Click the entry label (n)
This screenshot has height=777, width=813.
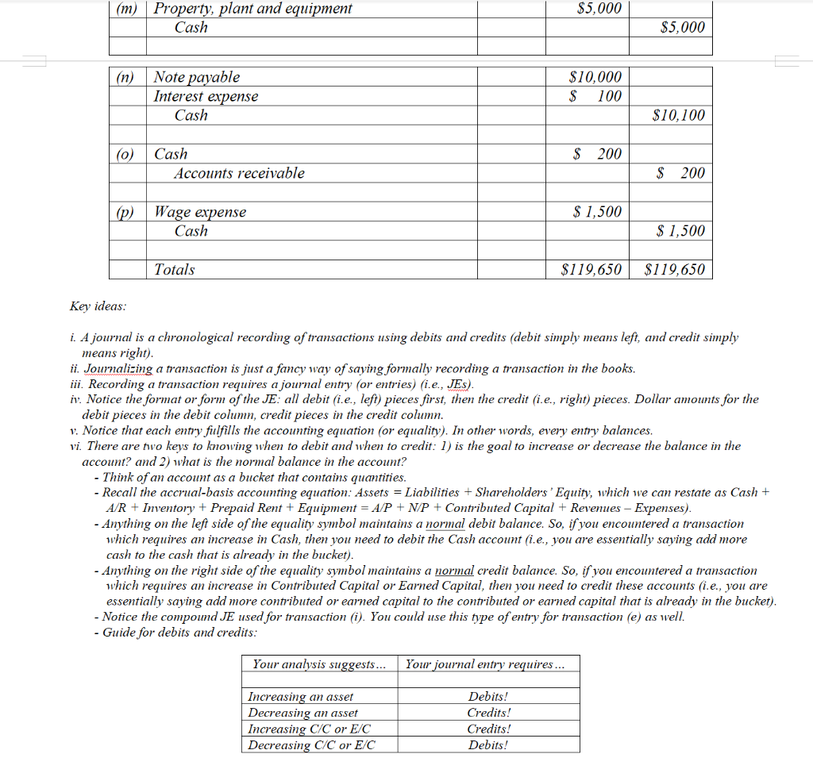click(125, 77)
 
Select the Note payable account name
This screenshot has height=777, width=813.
click(196, 77)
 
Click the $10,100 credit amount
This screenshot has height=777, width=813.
click(677, 115)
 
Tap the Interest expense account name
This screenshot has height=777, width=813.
click(206, 96)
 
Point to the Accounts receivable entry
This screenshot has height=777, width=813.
click(239, 173)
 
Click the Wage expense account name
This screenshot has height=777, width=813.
click(200, 212)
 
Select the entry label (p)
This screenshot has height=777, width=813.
click(125, 212)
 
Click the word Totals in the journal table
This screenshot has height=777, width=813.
click(174, 270)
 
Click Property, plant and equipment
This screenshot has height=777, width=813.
click(252, 9)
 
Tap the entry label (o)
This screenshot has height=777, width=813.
click(125, 154)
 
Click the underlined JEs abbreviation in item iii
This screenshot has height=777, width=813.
click(459, 384)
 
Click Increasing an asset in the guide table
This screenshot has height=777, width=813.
click(301, 697)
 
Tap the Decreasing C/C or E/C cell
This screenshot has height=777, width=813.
click(311, 745)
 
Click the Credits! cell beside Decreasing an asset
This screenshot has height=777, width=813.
click(488, 713)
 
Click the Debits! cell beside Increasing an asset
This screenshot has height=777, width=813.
click(488, 697)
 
